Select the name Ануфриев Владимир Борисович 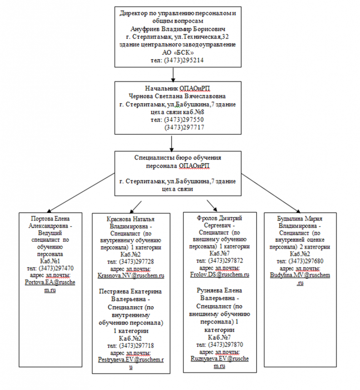pyautogui.click(x=175, y=29)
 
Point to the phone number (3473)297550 pyautogui.click(x=184, y=120)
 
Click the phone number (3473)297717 pyautogui.click(x=184, y=128)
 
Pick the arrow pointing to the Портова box pyautogui.click(x=80, y=194)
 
